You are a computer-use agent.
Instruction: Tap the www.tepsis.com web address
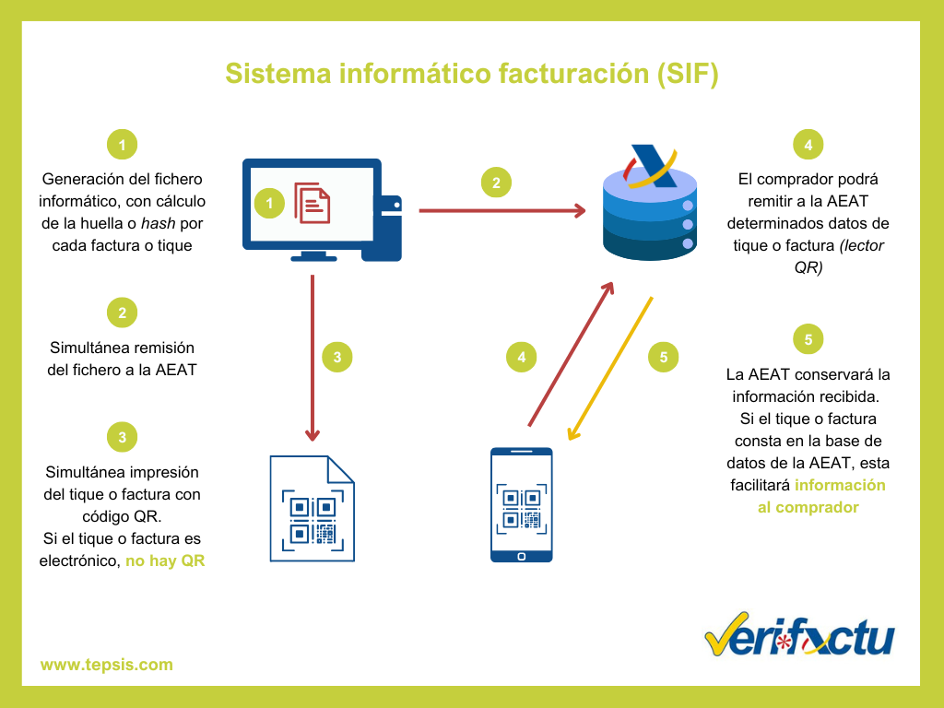(x=106, y=665)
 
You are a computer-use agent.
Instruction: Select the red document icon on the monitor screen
(x=312, y=202)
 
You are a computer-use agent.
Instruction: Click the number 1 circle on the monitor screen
(x=269, y=203)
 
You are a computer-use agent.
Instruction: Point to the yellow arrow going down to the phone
(x=610, y=367)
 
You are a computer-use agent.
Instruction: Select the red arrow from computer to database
(x=502, y=211)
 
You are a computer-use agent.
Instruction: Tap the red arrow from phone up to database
(x=571, y=355)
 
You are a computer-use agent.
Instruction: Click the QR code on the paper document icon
(x=312, y=519)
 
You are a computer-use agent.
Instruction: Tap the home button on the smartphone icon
(x=521, y=555)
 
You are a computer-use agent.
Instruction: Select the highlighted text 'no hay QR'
(x=165, y=560)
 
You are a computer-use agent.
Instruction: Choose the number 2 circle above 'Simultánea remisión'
(x=122, y=313)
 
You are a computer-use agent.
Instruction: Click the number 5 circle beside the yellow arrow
(x=664, y=358)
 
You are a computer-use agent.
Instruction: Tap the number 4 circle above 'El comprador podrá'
(x=808, y=145)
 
